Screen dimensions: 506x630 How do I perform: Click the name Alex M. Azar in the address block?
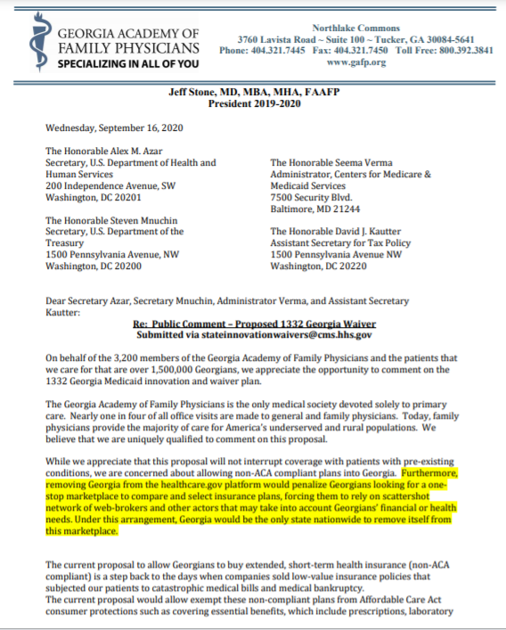(x=135, y=151)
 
